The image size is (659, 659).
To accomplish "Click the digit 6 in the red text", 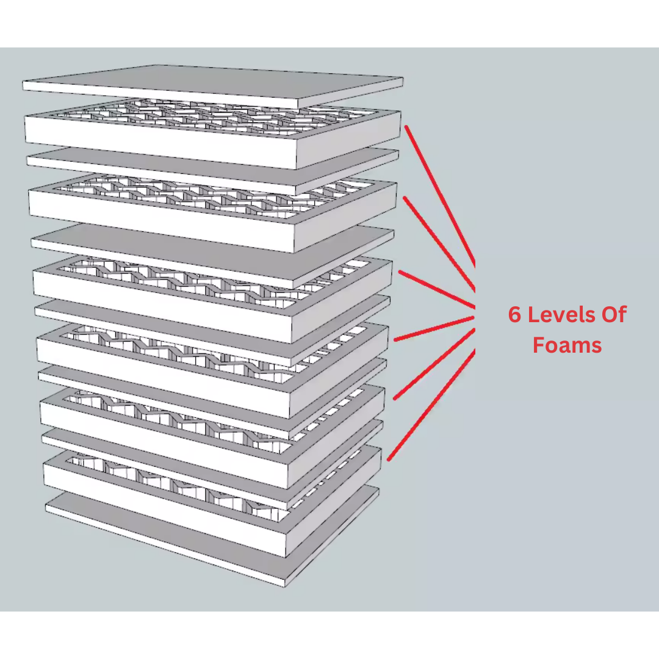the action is coord(514,314).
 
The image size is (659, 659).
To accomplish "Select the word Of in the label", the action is coord(614,314).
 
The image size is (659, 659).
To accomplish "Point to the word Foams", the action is coord(567,345).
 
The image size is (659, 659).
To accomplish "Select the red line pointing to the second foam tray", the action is coord(439,243).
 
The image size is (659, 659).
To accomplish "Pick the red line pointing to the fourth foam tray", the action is coord(434,329).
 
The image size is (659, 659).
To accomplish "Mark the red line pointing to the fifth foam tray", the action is coord(434,364).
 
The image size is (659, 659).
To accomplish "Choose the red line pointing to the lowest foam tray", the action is coord(431,405).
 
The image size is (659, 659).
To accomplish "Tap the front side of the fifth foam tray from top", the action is coord(164,434).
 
